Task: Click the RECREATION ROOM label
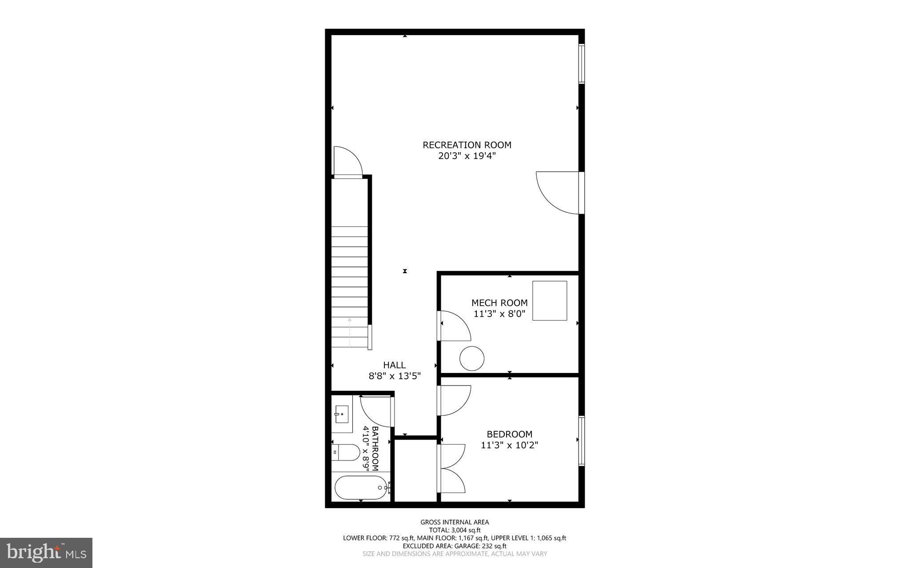pyautogui.click(x=467, y=145)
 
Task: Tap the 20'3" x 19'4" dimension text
pyautogui.click(x=467, y=156)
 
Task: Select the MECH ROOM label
pyautogui.click(x=499, y=303)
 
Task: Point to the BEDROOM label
pyautogui.click(x=509, y=434)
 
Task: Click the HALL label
pyautogui.click(x=394, y=365)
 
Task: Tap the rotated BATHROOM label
pyautogui.click(x=375, y=449)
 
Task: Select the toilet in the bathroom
pyautogui.click(x=346, y=453)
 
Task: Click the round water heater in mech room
pyautogui.click(x=471, y=358)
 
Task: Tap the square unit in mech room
pyautogui.click(x=550, y=301)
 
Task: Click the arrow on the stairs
pyautogui.click(x=350, y=331)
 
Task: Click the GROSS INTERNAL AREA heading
pyautogui.click(x=455, y=522)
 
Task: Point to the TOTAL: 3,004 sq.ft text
pyautogui.click(x=455, y=530)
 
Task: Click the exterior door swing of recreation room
pyautogui.click(x=557, y=192)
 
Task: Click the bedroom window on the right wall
pyautogui.click(x=581, y=441)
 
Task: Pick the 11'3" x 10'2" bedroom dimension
pyautogui.click(x=509, y=445)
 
